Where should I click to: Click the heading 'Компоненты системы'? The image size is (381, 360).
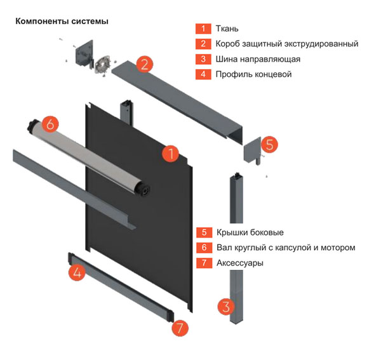tap(61, 21)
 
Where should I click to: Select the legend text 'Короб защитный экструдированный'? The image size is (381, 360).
tap(287, 44)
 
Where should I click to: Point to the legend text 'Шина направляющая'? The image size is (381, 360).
tap(258, 59)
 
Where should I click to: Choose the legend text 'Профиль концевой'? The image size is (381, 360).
tap(254, 74)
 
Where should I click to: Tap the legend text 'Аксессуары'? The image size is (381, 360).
tap(240, 263)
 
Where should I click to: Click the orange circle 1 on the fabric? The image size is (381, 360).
tap(170, 153)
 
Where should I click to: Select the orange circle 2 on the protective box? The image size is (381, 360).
tap(144, 63)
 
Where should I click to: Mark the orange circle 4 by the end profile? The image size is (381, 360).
tap(77, 273)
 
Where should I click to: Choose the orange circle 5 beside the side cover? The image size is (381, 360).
tap(269, 144)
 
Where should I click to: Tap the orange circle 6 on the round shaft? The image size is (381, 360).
tap(51, 123)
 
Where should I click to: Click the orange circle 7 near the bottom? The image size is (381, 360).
tap(180, 328)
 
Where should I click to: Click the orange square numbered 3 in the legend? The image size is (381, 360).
tap(204, 59)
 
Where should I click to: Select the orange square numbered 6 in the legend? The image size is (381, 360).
tap(204, 248)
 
